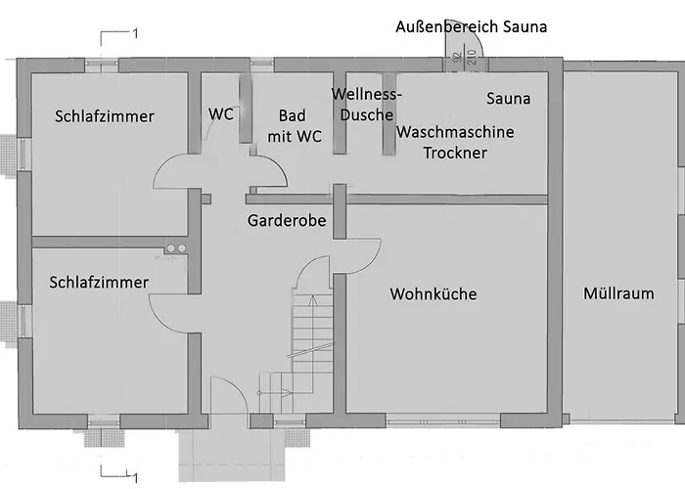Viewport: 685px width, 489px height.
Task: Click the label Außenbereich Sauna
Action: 470,27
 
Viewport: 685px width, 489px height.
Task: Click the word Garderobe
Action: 287,220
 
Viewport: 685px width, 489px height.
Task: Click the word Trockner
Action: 455,153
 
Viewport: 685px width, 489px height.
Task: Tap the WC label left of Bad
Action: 221,113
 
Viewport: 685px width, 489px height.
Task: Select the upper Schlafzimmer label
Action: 104,116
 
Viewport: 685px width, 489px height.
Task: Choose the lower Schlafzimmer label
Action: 99,283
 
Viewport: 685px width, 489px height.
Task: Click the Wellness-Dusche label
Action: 366,104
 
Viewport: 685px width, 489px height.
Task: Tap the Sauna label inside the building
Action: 509,99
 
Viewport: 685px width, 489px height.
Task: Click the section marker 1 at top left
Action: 135,34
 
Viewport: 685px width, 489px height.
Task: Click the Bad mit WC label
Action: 292,125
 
